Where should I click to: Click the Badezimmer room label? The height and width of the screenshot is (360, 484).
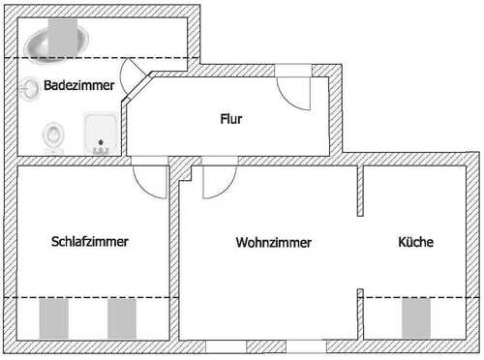point(79,86)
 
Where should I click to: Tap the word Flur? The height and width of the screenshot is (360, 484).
point(229,120)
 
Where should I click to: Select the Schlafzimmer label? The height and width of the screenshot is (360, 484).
point(90,241)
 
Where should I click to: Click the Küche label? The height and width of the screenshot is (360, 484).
point(414,241)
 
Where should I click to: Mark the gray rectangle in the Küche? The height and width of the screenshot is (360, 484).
point(415,317)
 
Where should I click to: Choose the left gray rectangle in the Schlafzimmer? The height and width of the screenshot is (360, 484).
point(52,317)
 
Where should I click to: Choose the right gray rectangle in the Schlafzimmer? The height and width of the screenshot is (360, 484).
point(121,317)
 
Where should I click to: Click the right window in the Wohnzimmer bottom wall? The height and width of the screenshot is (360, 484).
point(307,345)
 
